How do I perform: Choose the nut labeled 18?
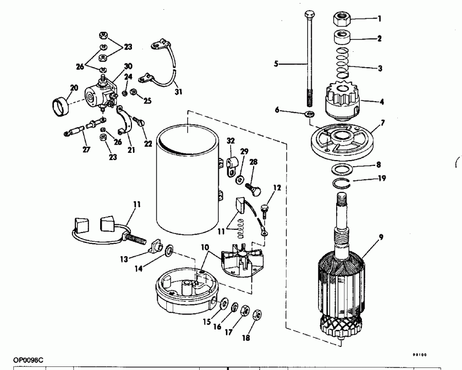258,314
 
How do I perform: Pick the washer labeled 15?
224,305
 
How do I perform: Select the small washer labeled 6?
310,114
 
